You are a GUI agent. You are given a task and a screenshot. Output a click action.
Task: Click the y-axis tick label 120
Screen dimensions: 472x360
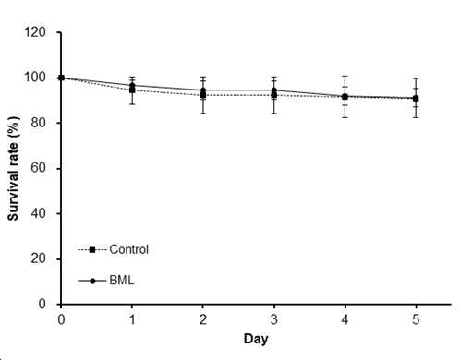coord(35,32)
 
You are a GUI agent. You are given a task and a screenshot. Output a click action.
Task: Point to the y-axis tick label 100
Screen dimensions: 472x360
coord(35,78)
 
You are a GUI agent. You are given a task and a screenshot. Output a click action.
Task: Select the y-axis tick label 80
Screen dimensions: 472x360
coord(39,123)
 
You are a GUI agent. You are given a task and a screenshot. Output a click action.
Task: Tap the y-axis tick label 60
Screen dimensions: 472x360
coord(39,168)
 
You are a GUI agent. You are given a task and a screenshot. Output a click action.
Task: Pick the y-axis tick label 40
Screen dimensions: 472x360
coord(39,213)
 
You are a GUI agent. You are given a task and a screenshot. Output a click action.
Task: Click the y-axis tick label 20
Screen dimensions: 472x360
coord(39,258)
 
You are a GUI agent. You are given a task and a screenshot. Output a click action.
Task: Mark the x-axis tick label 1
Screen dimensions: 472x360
coord(132,319)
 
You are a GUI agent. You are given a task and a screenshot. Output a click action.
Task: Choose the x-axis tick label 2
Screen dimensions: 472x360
coord(203,319)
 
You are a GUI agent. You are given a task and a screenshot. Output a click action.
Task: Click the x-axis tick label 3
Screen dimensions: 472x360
coord(274,319)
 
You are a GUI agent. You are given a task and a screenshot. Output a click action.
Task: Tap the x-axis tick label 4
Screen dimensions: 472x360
coord(345,319)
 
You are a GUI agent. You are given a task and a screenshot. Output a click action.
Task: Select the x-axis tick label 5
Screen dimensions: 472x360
coord(416,319)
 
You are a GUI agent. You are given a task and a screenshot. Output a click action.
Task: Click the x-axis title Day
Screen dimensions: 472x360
coord(256,339)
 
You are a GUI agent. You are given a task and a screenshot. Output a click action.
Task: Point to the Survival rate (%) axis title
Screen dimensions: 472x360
coord(13,168)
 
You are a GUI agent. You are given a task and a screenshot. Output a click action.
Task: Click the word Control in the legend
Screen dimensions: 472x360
coord(128,249)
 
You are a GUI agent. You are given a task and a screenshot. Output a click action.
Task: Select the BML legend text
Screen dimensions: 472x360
coord(122,281)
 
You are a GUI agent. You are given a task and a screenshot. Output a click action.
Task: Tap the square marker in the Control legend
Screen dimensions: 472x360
coord(92,250)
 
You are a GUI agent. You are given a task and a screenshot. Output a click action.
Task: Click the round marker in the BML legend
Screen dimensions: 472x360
coord(92,281)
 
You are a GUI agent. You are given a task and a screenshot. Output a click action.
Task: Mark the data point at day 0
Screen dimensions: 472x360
coord(61,78)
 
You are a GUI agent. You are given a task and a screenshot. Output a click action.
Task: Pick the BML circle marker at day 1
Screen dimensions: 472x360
coord(132,85)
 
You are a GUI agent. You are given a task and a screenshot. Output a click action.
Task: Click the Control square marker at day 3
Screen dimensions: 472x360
coord(274,95)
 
